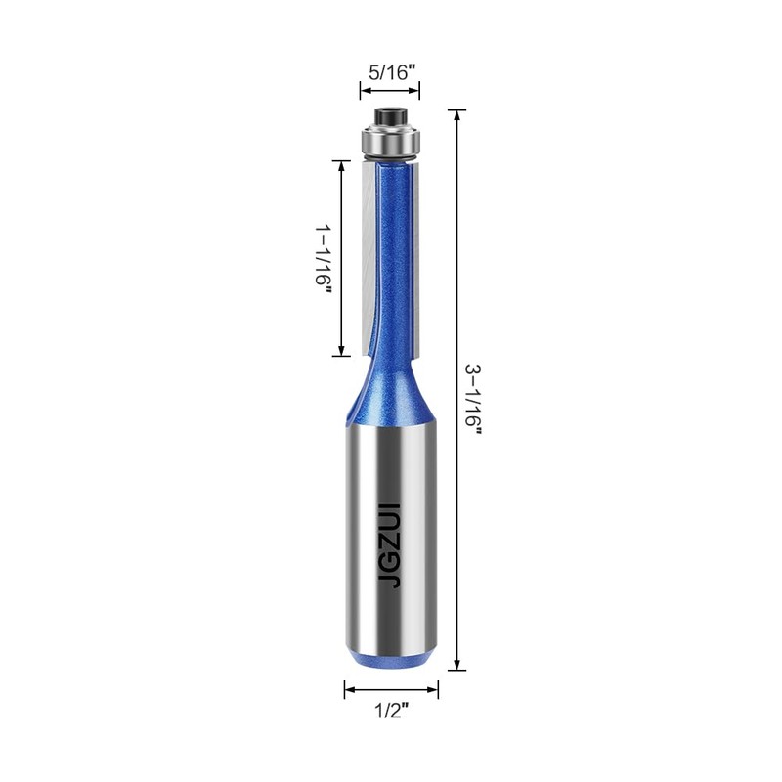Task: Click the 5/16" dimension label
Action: (x=390, y=71)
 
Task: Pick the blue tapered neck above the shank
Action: (x=391, y=386)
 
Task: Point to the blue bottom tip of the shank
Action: (x=391, y=661)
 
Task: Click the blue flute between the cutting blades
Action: (x=393, y=254)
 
